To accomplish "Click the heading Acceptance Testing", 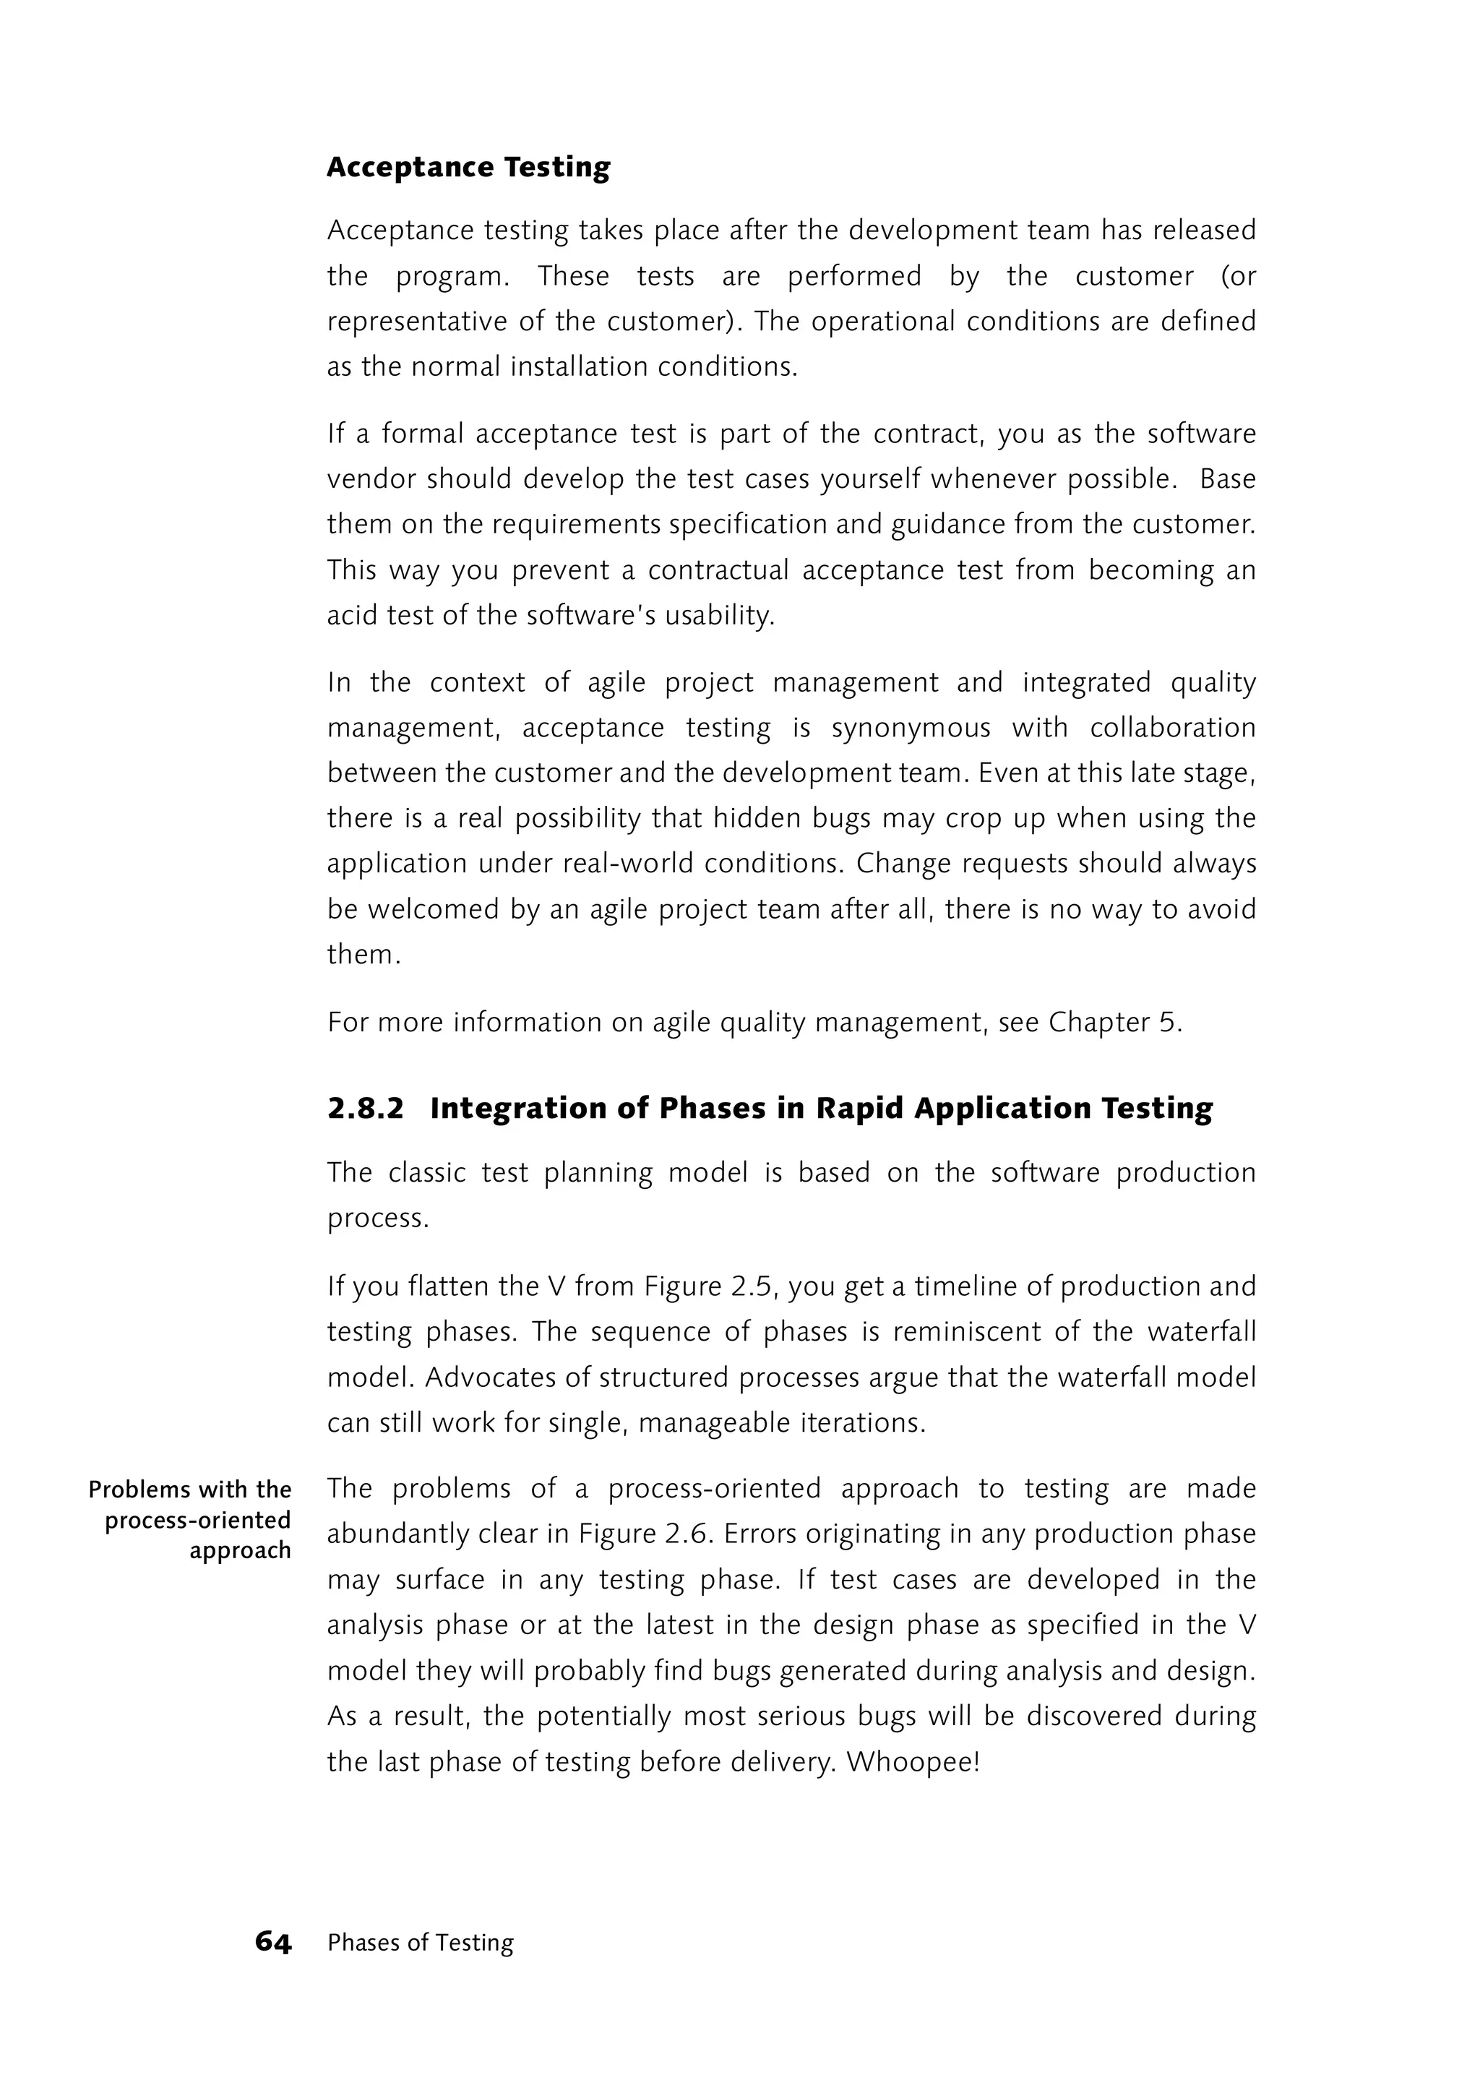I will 468,168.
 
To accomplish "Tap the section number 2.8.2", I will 364,1109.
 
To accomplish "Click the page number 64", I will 272,1943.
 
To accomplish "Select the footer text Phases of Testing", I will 420,1943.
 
